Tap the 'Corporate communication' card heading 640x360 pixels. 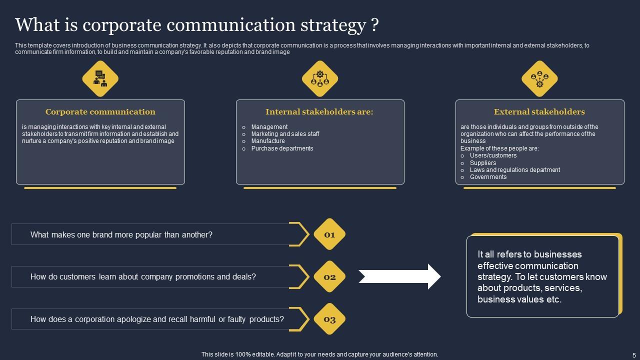(100, 112)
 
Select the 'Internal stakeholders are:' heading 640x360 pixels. (319, 112)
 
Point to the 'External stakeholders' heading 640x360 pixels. (539, 112)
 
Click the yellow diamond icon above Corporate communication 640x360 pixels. (100, 78)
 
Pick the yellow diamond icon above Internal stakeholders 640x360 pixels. (320, 78)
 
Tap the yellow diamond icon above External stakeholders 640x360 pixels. (539, 78)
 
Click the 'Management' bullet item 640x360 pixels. (269, 127)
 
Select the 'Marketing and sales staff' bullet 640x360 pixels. (285, 134)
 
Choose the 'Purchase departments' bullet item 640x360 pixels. (282, 148)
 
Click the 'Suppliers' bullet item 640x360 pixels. (483, 163)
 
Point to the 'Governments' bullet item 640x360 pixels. (488, 177)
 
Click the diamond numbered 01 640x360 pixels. (329, 234)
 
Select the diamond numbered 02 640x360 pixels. (329, 277)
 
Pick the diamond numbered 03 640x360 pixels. (329, 319)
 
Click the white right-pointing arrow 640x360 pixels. (399, 276)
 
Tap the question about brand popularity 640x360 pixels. (121, 234)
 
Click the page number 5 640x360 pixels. (633, 354)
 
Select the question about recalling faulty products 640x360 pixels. (157, 319)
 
